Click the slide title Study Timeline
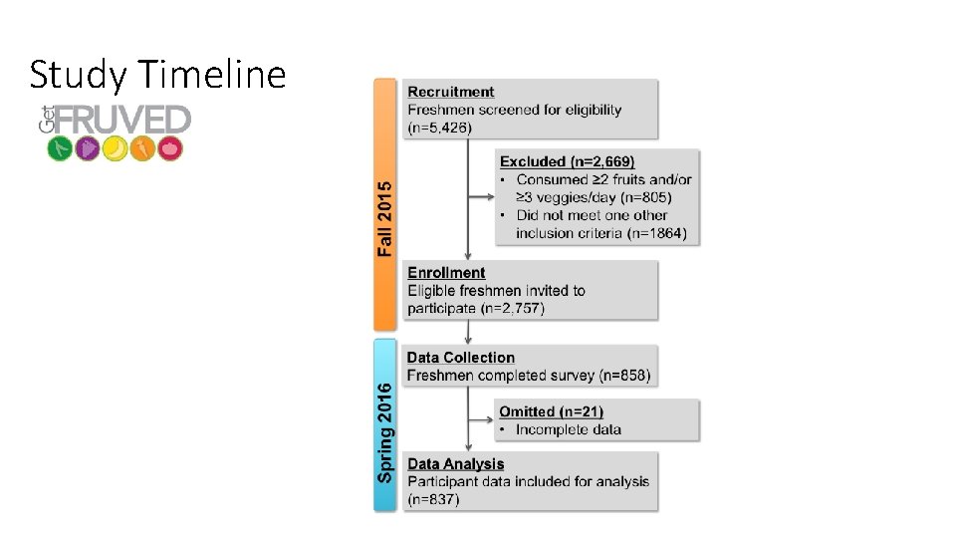click(x=157, y=75)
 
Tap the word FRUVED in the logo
click(x=121, y=121)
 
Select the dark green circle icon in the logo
click(x=60, y=149)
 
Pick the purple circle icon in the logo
click(x=88, y=149)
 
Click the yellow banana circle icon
click(x=116, y=149)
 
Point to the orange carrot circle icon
click(x=142, y=149)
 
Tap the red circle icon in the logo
click(x=170, y=149)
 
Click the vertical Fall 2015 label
click(x=385, y=217)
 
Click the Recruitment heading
click(x=450, y=93)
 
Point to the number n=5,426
click(x=440, y=128)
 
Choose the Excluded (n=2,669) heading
click(x=567, y=161)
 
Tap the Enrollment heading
click(x=446, y=273)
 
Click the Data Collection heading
click(x=461, y=358)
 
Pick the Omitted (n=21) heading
click(x=551, y=411)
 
